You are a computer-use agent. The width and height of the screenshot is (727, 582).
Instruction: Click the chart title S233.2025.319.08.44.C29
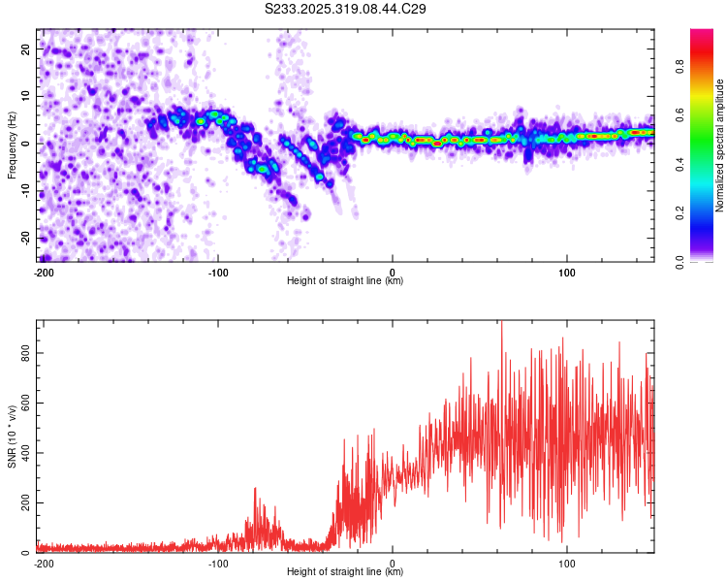346,10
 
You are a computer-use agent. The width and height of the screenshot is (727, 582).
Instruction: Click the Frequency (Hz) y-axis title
12,145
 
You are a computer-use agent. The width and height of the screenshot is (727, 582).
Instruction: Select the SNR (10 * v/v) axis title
12,436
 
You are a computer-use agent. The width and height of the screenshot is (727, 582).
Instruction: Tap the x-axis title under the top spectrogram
345,281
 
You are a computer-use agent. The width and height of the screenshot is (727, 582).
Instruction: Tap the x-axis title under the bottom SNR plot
345,572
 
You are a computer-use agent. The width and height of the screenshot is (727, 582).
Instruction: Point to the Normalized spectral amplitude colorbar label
720,145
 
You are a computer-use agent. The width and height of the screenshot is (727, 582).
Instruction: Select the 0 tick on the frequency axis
27,143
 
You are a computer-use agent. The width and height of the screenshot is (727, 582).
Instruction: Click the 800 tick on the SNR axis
27,353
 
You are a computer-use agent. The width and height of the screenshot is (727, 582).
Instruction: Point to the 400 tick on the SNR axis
27,453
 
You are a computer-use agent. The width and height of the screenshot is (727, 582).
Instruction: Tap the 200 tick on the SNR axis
27,503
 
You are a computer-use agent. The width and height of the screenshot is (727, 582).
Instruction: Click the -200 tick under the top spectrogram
43,271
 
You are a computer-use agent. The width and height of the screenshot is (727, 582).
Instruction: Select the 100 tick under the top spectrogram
566,271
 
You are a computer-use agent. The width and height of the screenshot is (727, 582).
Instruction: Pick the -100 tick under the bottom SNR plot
217,563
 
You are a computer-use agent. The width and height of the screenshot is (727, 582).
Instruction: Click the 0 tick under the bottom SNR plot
393,563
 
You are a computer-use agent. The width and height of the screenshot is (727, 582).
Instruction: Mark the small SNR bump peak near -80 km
255,489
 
